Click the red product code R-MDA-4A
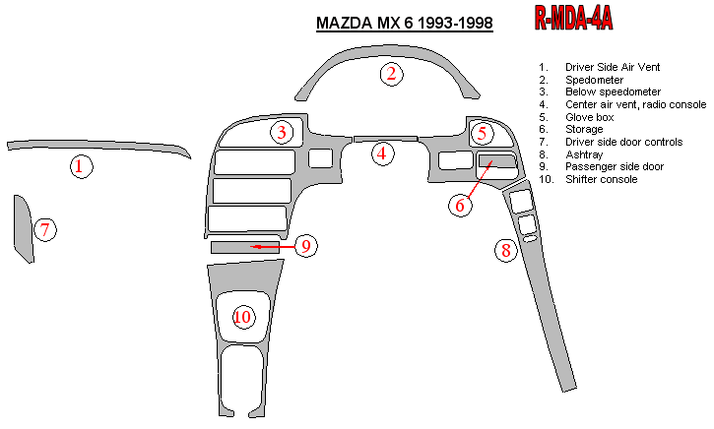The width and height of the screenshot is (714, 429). point(574,19)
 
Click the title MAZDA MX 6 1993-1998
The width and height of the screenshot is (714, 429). point(405,23)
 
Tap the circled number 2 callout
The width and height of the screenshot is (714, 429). point(392,74)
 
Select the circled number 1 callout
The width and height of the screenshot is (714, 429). point(81,166)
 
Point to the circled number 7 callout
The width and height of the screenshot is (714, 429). point(45,229)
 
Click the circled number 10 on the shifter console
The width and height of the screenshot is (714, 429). point(243,317)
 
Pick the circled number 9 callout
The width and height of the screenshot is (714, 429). point(306,246)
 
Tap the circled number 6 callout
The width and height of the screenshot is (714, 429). point(460,206)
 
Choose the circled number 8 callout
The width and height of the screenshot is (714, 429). point(506,250)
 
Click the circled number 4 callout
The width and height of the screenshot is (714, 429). point(382,153)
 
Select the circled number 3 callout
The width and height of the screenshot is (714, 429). point(283,133)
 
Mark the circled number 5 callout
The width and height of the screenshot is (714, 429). point(483,134)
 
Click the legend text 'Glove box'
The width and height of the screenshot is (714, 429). point(589,117)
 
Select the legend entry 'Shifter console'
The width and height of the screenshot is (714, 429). point(601,179)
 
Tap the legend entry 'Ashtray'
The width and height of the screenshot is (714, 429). point(584,154)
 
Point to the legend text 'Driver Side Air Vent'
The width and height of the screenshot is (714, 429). point(613,67)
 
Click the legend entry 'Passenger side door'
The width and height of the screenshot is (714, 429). point(615,166)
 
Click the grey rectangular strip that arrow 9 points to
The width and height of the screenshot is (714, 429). point(245,247)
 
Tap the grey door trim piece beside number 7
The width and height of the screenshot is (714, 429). point(23,229)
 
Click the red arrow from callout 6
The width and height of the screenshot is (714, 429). point(480,180)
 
